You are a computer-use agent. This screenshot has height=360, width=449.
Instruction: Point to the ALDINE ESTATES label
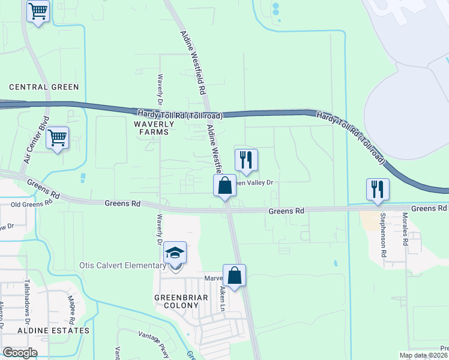(53, 331)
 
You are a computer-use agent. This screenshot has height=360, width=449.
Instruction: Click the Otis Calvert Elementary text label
(122, 266)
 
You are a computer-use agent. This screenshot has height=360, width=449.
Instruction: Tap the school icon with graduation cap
(175, 253)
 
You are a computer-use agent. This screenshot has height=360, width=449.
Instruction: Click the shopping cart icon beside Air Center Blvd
(58, 138)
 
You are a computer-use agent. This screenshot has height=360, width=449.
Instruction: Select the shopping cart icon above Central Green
(38, 11)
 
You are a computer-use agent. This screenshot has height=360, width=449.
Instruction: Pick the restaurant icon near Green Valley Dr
(246, 160)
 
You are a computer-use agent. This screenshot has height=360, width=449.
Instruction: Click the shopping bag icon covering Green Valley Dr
(225, 185)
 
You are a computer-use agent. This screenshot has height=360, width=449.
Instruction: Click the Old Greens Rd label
(32, 204)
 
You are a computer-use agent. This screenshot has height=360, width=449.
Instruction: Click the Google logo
(20, 353)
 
